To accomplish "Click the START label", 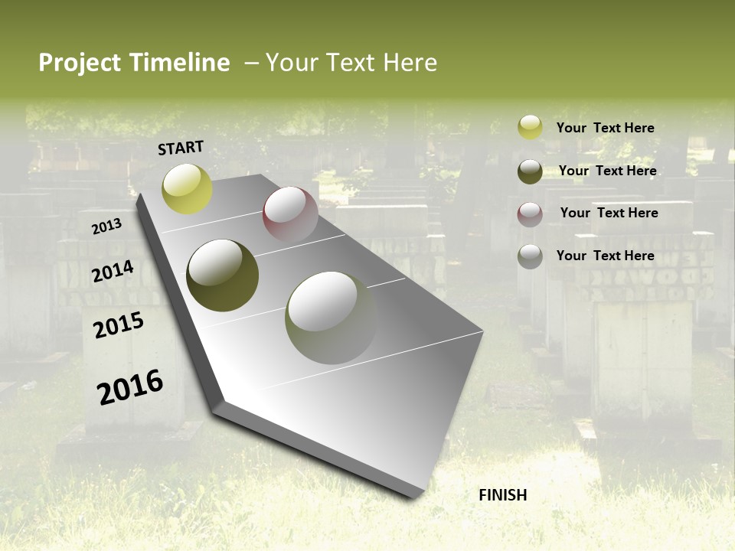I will point(181,148).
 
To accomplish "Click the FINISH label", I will point(502,495).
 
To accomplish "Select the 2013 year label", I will point(106,227).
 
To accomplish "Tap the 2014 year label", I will point(113,272).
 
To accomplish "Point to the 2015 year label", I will point(118,326).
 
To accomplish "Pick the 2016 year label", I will point(130,387).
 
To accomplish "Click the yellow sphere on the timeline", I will point(187,188).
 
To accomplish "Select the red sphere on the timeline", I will point(290,215).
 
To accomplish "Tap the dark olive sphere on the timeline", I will point(222,275).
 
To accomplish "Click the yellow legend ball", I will point(530,128).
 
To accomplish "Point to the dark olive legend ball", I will point(530,171).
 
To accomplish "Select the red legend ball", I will point(530,214).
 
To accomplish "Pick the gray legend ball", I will point(530,256).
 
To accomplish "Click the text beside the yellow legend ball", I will point(605,128).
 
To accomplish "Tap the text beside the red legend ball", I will point(609,213).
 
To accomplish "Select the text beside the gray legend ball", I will point(605,256).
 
